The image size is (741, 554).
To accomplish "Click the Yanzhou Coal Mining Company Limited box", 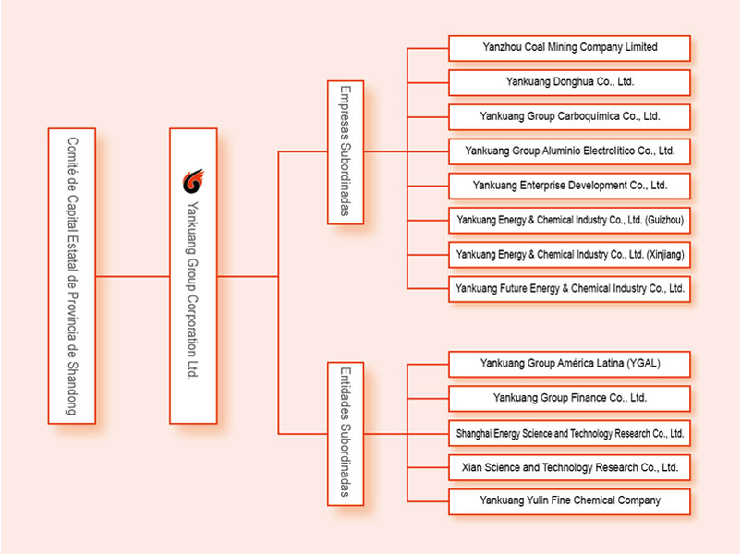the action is pyautogui.click(x=569, y=48).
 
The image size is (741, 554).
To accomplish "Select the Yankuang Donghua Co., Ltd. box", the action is pyautogui.click(x=569, y=83).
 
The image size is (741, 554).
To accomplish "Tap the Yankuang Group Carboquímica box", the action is pyautogui.click(x=569, y=117).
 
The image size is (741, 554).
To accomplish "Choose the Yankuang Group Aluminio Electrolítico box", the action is pyautogui.click(x=569, y=151).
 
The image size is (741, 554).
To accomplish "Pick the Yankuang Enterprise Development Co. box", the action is pyautogui.click(x=569, y=187).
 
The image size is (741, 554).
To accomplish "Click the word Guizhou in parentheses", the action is pyautogui.click(x=664, y=220).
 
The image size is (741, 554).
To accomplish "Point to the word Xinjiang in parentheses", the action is pyautogui.click(x=665, y=255).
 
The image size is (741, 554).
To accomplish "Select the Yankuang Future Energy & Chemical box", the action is pyautogui.click(x=569, y=289).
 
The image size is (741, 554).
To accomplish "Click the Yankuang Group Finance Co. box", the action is pyautogui.click(x=569, y=399).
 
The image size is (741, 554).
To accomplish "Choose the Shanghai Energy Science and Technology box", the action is pyautogui.click(x=569, y=433).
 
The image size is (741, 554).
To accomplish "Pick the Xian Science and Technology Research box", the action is pyautogui.click(x=569, y=467).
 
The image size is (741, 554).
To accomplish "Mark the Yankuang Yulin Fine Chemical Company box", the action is pyautogui.click(x=569, y=501).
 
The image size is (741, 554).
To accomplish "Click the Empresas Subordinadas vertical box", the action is pyautogui.click(x=346, y=152).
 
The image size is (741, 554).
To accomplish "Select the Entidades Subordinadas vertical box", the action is pyautogui.click(x=346, y=434).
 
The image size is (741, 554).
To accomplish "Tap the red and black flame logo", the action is pyautogui.click(x=193, y=181).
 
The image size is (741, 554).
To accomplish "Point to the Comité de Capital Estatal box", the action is pyautogui.click(x=72, y=276).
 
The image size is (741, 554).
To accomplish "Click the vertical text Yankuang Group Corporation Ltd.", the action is pyautogui.click(x=193, y=290).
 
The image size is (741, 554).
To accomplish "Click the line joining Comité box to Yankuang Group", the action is pyautogui.click(x=133, y=276).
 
